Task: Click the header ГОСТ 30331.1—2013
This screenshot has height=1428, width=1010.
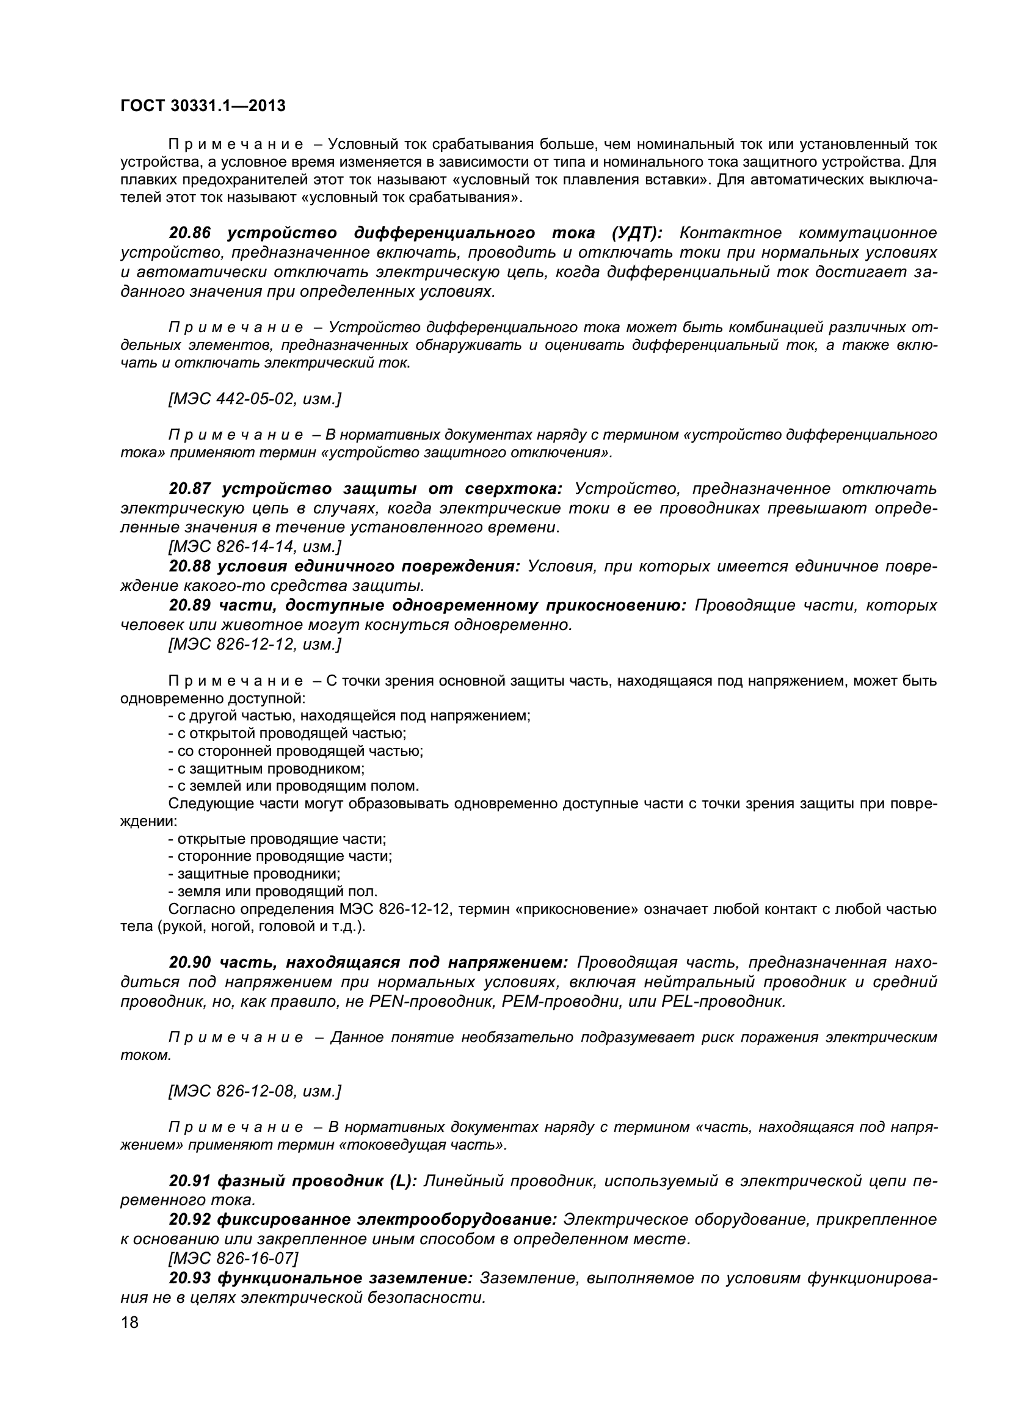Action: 203,106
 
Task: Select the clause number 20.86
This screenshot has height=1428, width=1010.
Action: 189,233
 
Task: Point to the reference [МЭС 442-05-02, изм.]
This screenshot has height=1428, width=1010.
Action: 255,399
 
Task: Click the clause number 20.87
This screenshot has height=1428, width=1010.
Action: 189,490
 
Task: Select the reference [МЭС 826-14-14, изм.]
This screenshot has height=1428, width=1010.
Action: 255,546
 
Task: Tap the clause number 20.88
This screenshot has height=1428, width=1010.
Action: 189,567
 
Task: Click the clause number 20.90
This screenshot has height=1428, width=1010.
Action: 189,963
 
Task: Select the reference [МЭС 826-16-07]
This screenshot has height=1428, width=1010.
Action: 233,1258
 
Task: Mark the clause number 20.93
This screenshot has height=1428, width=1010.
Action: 189,1278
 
